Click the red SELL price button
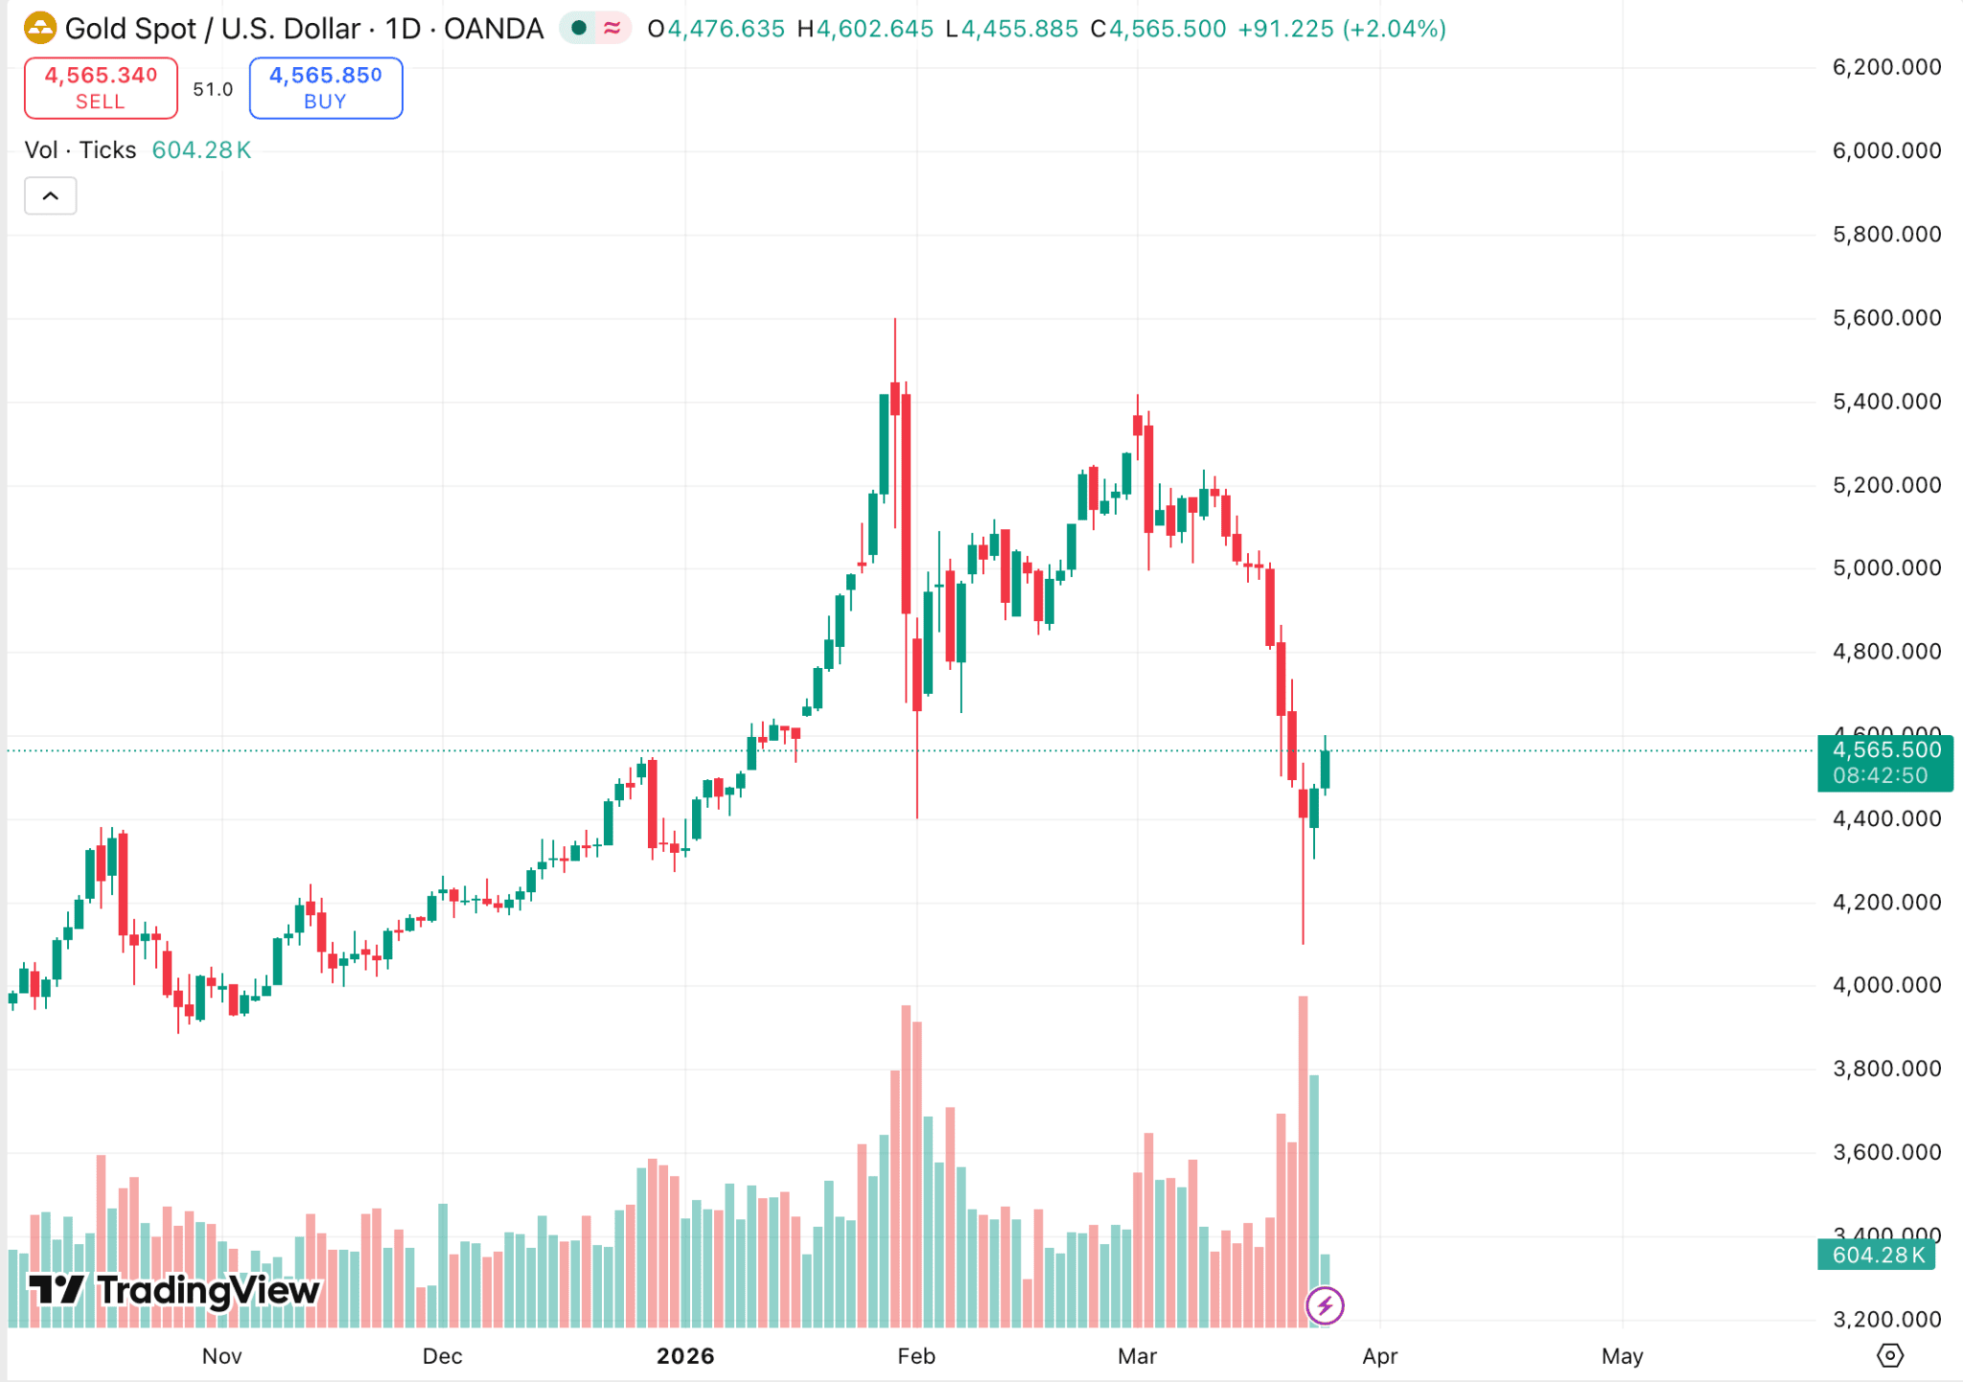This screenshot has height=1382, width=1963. [101, 88]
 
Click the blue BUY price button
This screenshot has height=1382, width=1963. [325, 88]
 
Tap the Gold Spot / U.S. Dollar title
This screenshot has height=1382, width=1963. [303, 29]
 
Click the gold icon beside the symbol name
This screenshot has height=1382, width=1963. [40, 29]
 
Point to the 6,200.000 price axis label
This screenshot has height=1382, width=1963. [1885, 67]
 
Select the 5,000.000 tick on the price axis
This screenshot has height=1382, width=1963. [1885, 568]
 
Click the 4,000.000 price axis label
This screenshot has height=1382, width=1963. [1885, 985]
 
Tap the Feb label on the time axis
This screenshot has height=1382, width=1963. [915, 1356]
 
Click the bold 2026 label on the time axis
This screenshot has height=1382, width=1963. [685, 1356]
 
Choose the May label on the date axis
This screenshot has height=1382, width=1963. [1622, 1356]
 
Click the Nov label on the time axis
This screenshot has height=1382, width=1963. [221, 1356]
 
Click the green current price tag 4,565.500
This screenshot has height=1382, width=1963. [1884, 763]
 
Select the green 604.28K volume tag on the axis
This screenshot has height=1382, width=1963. [1878, 1255]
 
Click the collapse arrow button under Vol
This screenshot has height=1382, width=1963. [51, 196]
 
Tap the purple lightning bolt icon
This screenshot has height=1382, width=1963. [1325, 1305]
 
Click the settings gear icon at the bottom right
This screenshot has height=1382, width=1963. [1889, 1356]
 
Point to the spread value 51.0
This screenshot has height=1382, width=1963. [213, 89]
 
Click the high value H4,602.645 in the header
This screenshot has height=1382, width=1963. [866, 29]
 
